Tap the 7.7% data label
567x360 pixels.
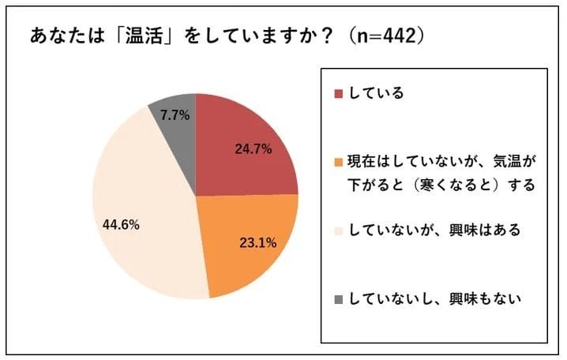175,115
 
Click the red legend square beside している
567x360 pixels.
338,94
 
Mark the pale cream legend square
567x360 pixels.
338,231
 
